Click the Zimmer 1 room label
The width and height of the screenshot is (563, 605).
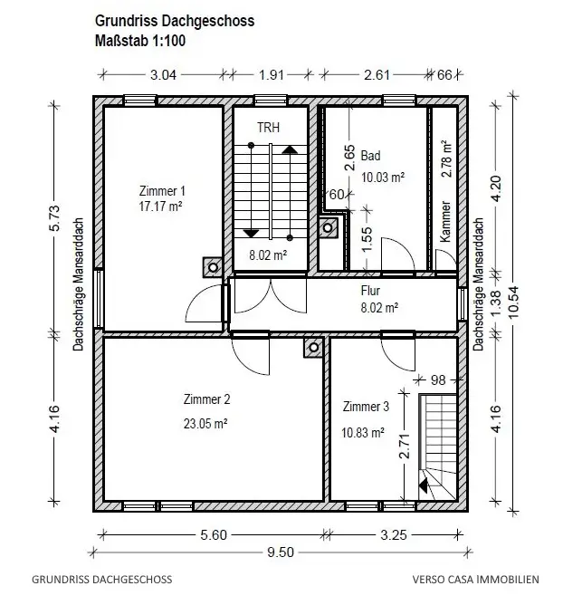[162, 191]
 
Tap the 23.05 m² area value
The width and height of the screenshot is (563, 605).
[205, 424]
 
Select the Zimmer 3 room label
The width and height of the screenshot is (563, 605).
[366, 407]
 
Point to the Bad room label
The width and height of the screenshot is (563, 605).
[370, 156]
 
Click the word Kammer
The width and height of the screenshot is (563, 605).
[445, 221]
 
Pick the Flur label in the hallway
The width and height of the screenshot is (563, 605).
[370, 290]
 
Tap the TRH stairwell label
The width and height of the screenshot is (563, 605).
[269, 128]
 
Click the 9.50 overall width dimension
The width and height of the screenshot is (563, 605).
[281, 552]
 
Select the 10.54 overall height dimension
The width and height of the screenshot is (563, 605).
[514, 302]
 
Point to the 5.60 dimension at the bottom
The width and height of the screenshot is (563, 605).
[214, 534]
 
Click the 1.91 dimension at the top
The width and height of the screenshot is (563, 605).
[272, 74]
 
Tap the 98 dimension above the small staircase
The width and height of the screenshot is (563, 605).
[438, 380]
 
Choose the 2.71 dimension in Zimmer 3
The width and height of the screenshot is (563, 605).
[404, 446]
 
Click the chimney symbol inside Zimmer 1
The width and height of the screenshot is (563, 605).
[213, 267]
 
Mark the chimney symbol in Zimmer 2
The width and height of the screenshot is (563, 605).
[313, 347]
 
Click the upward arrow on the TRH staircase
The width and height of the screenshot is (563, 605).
[290, 149]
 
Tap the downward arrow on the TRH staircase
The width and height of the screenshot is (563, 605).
[251, 234]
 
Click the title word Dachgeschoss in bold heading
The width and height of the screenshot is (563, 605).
[208, 21]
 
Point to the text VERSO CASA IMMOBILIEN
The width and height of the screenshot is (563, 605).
[475, 579]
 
